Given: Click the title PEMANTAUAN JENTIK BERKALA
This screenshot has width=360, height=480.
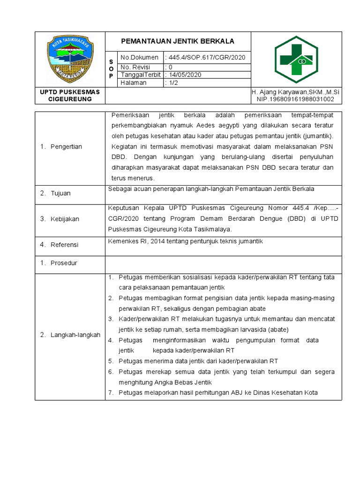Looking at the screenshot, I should (178, 41).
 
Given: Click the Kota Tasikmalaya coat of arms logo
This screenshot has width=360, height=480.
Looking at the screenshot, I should (70, 59).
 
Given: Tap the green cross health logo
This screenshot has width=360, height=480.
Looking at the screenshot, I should (296, 59).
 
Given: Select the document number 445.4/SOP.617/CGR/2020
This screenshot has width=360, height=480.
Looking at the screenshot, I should (205, 57).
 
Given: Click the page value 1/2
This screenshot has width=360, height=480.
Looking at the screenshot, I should (174, 82).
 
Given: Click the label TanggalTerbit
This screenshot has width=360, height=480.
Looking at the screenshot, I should (141, 75).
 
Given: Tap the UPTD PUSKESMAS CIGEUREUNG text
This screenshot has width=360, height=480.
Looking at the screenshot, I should (70, 96).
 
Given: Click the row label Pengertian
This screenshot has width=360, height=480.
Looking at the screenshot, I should (66, 147).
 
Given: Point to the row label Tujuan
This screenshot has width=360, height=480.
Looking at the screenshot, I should (60, 193).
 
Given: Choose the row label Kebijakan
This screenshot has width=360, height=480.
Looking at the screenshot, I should (65, 219).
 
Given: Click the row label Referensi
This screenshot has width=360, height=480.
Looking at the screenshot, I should (65, 245).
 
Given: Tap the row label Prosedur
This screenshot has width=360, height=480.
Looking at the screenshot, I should (64, 263).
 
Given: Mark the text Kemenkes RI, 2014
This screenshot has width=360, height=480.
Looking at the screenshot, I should (134, 241).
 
